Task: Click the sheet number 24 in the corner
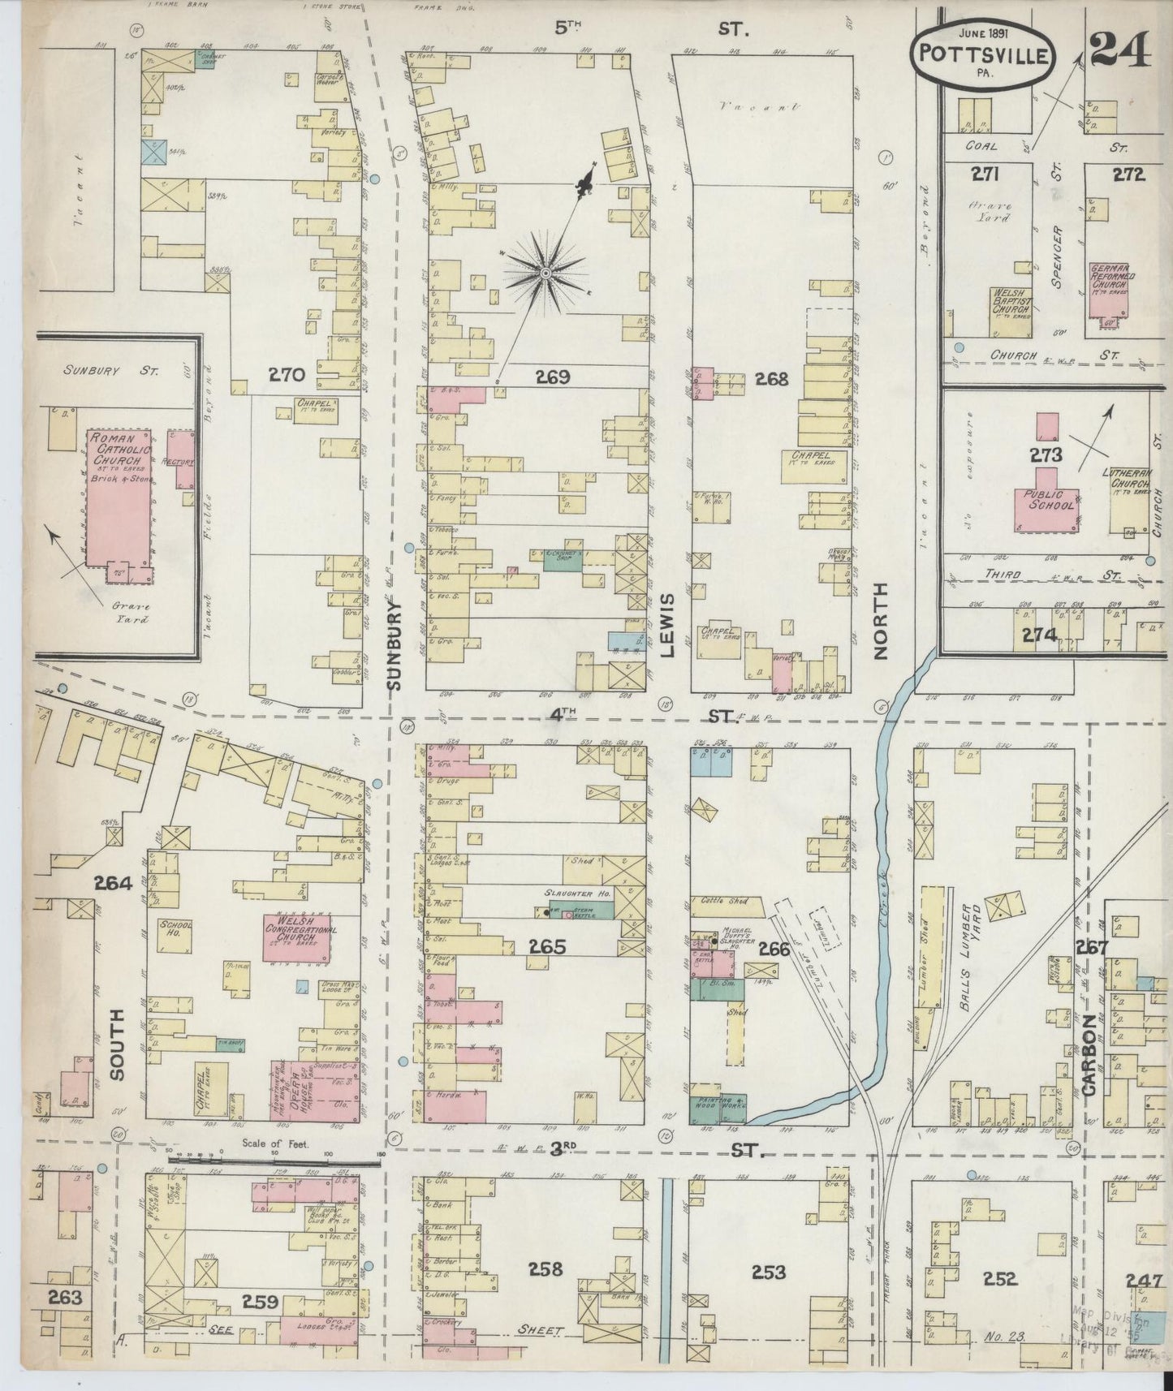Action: point(1119,52)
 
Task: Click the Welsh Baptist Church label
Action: point(1010,303)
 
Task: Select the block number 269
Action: point(554,377)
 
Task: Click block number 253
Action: point(768,1272)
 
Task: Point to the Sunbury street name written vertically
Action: point(395,646)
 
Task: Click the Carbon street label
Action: point(1089,1056)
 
